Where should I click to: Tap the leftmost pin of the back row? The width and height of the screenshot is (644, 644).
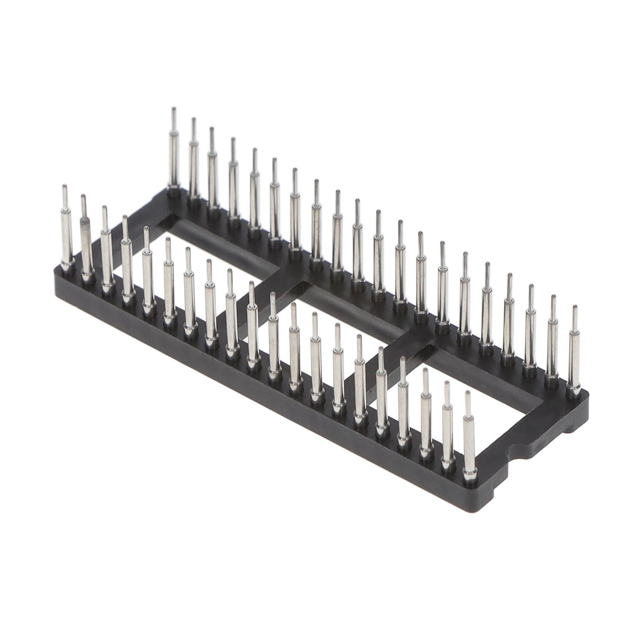174,156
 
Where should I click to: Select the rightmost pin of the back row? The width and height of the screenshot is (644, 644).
575,351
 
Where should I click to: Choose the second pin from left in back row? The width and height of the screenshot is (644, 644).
193,164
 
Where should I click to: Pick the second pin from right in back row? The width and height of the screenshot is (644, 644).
554,343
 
